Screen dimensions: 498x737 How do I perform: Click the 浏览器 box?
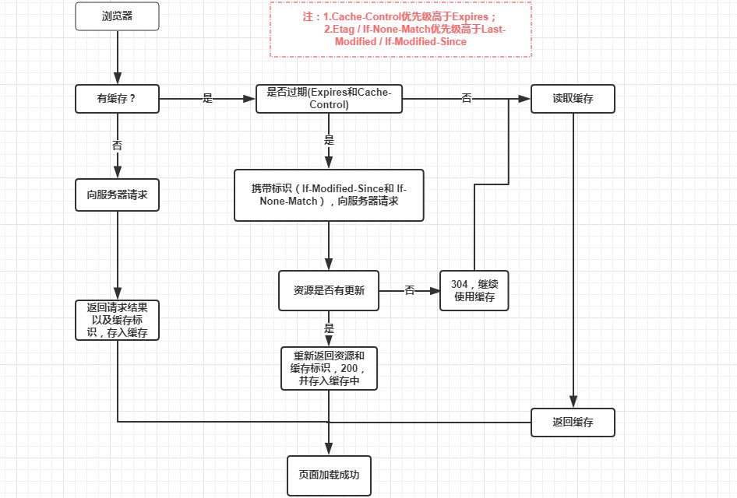click(x=117, y=16)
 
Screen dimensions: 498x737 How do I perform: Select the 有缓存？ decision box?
click(x=117, y=99)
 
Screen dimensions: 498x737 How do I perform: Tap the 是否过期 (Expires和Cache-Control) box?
click(x=329, y=99)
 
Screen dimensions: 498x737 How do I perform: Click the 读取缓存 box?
click(x=573, y=99)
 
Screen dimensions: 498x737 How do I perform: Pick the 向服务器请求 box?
click(x=117, y=195)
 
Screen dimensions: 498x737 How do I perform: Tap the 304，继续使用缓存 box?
click(x=474, y=290)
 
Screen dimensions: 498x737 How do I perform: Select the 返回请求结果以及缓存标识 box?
click(x=117, y=320)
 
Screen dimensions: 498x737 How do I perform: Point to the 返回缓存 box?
click(x=573, y=422)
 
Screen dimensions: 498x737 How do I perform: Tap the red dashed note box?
click(x=400, y=29)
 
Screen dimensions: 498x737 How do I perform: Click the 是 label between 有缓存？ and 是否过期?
click(x=207, y=99)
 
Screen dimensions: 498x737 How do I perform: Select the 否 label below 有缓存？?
click(x=117, y=145)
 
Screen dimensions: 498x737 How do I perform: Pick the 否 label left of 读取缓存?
click(x=467, y=99)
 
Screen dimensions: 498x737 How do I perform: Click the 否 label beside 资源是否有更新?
click(x=409, y=290)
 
